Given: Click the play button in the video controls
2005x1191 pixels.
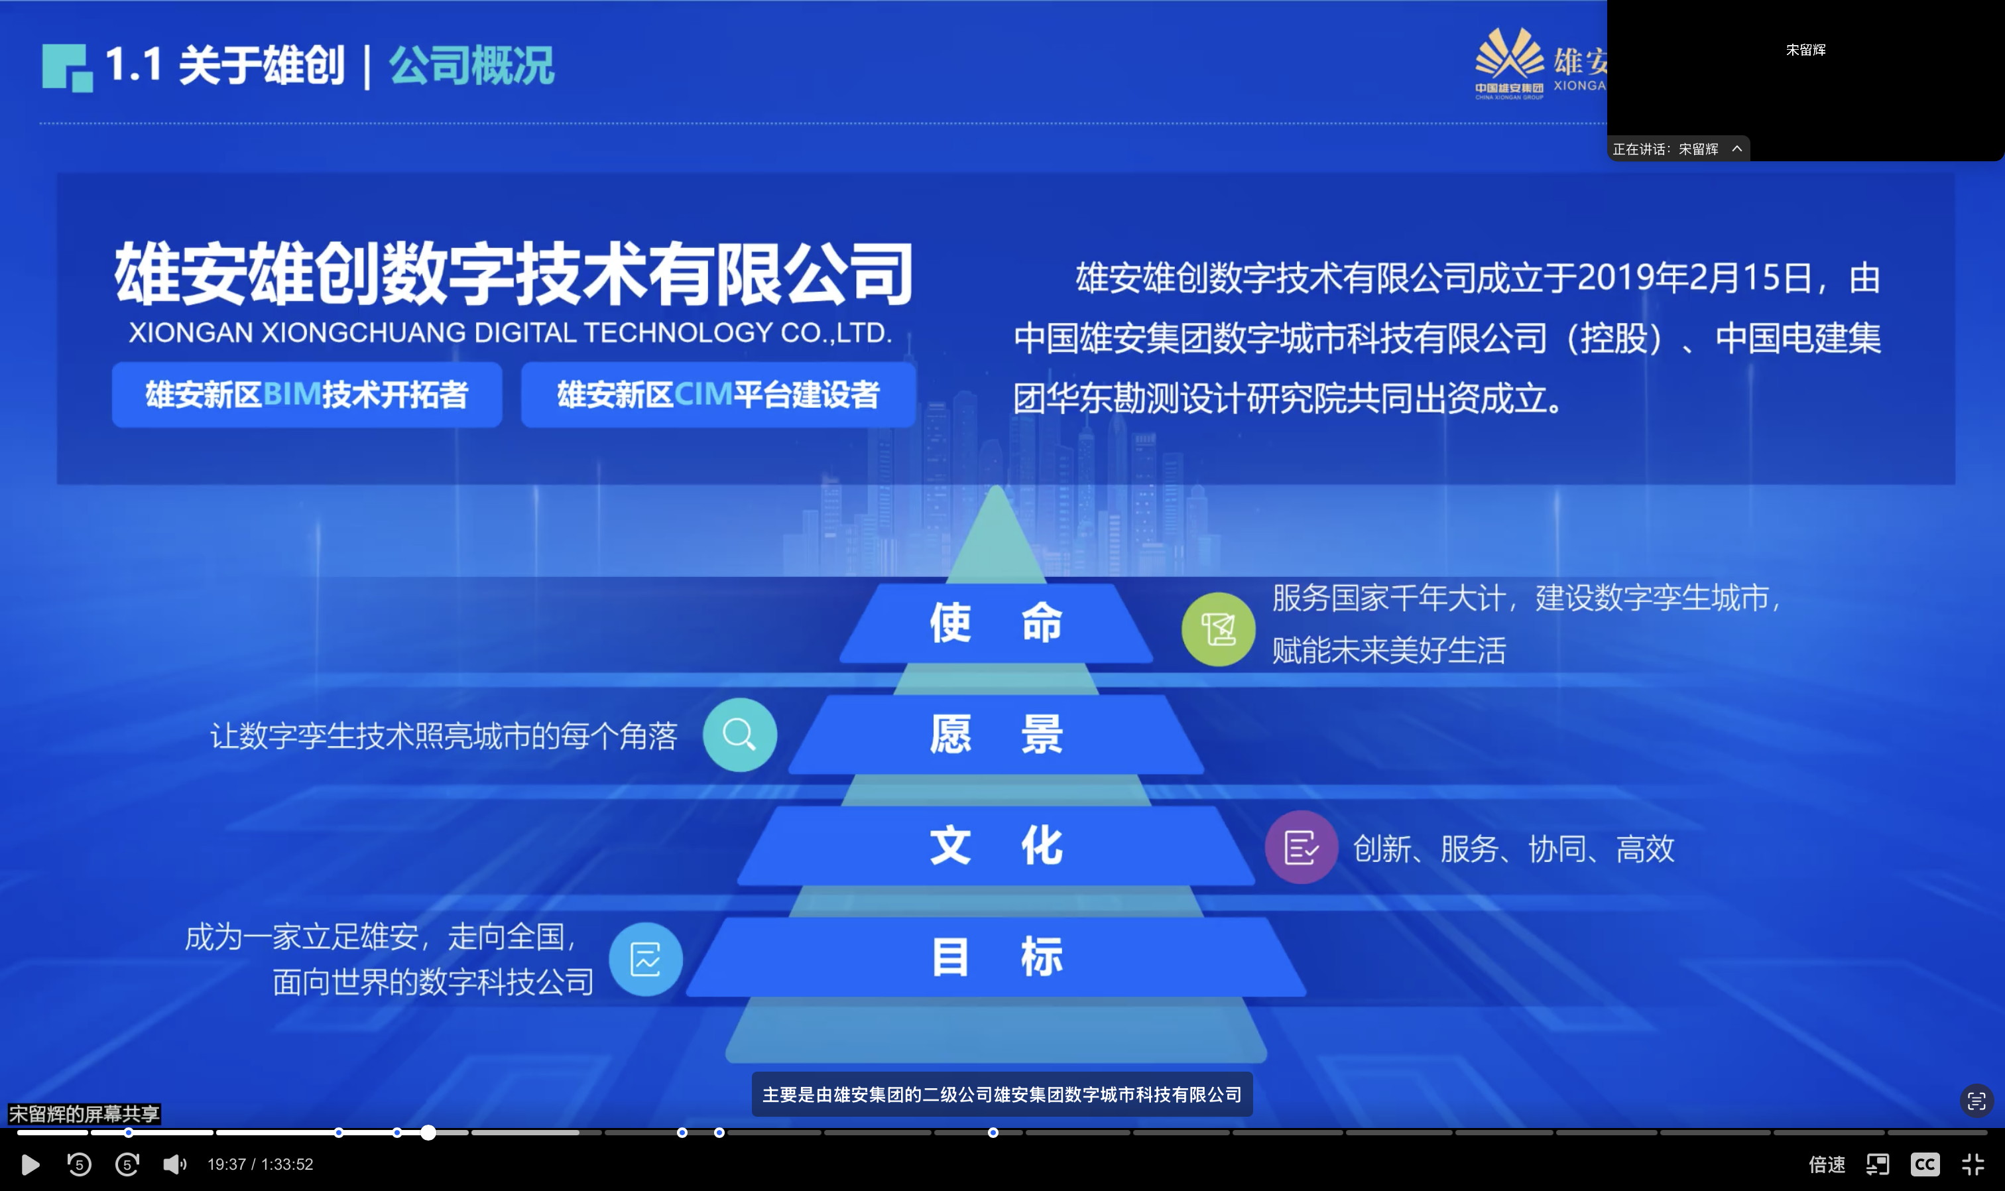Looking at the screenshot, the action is click(30, 1164).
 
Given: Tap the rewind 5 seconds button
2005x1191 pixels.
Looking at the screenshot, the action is click(79, 1164).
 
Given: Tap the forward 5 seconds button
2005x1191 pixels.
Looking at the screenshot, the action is click(127, 1164).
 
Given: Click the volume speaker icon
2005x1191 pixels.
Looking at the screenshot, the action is click(174, 1164).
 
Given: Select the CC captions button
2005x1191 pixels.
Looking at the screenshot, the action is click(1925, 1164).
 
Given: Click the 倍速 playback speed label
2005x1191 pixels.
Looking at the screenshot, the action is click(1827, 1164).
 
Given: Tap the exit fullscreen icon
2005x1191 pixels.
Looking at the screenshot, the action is click(1973, 1164).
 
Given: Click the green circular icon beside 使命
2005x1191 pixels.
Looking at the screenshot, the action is click(1218, 629).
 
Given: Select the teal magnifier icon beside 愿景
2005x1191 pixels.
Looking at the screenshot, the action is click(740, 734).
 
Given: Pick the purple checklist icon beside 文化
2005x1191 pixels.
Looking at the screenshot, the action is click(1302, 847).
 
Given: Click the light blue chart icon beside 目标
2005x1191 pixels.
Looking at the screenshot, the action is click(646, 958).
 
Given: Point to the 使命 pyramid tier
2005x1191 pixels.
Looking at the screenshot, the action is click(996, 623).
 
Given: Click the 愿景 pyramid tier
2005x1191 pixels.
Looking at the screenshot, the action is click(996, 734).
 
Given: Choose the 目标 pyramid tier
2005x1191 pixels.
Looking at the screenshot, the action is click(996, 957).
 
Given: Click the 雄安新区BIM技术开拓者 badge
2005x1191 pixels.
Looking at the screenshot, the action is click(307, 394).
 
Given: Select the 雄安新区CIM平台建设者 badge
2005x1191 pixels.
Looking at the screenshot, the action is click(718, 394).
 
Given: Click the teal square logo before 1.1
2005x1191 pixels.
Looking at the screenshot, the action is click(68, 68).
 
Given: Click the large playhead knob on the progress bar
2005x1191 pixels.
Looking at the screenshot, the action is click(428, 1133).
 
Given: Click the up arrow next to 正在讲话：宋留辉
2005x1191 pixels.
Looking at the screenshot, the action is click(1737, 149).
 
